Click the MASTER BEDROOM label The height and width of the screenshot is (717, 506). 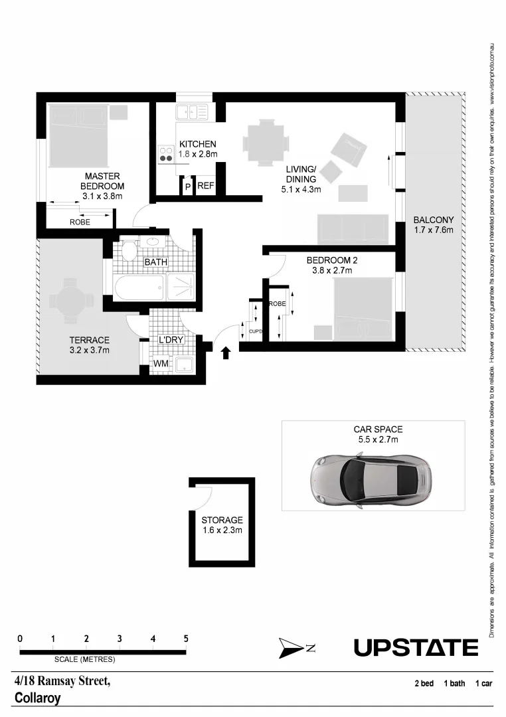coord(102,181)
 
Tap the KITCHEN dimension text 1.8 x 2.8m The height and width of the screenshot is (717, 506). coord(197,155)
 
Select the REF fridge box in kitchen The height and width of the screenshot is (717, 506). coord(206,187)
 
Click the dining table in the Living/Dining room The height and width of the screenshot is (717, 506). coord(266,141)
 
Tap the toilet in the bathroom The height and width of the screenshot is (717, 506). coord(130,251)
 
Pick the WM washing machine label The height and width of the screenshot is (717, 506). coord(161,363)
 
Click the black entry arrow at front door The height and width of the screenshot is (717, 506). coord(226,352)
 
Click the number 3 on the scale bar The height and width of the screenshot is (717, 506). coord(120,639)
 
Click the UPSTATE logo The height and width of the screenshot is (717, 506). coord(416,647)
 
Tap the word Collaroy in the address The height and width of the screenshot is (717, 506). coord(37,698)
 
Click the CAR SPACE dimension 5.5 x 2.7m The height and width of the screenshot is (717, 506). coord(377,439)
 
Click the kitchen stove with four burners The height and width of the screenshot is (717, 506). coord(165,155)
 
